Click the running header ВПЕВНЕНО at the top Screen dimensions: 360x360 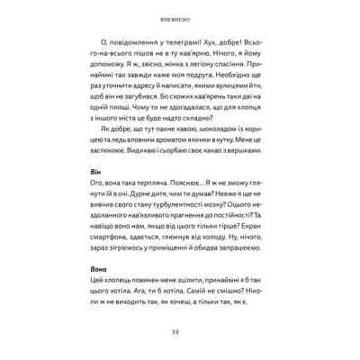179,16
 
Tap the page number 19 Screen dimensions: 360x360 179,341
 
